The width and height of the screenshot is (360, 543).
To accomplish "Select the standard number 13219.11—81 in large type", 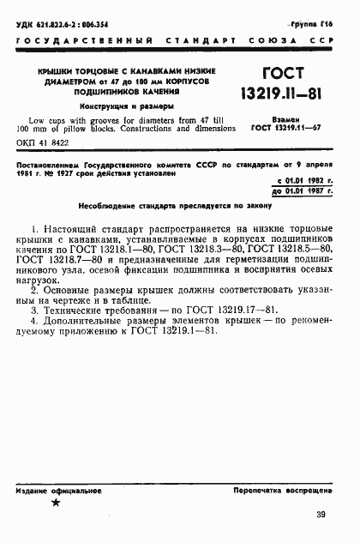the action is point(286,94).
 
